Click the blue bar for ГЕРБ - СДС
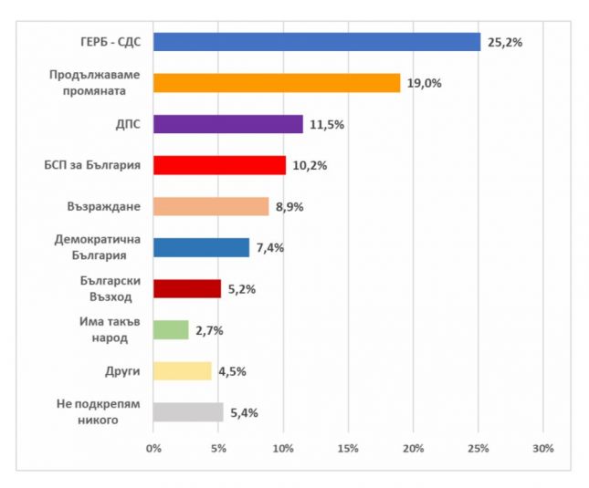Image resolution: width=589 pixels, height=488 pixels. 317,42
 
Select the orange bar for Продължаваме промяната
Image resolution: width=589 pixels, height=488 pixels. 277,83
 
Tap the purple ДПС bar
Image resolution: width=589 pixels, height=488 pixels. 228,124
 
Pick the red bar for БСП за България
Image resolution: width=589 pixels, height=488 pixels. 219,165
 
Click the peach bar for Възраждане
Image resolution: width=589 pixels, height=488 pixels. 211,206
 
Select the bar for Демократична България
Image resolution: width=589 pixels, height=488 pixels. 201,247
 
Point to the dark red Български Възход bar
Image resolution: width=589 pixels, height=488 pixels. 187,289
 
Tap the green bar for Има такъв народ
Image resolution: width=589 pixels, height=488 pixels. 171,330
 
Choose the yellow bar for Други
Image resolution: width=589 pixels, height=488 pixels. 183,371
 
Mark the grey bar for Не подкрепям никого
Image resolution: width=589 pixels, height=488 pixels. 188,412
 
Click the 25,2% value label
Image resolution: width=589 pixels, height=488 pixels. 504,42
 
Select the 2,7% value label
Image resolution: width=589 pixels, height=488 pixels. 210,330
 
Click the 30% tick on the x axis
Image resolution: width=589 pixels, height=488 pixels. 543,448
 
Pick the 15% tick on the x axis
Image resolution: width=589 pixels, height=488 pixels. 348,448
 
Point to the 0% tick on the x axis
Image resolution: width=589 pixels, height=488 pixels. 153,448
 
